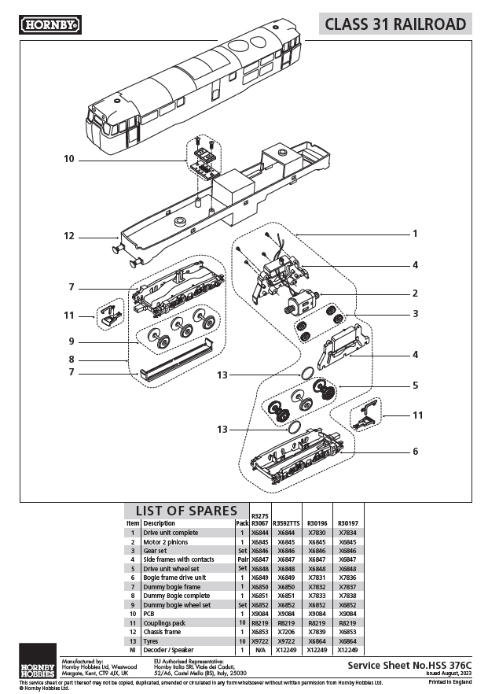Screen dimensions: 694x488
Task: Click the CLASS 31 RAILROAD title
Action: click(x=396, y=24)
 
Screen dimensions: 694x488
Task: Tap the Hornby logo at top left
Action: click(x=51, y=24)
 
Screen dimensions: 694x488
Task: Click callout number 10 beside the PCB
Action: click(x=69, y=159)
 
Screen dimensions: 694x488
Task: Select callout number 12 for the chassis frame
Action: click(x=69, y=235)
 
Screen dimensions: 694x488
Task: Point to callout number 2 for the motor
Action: click(x=415, y=293)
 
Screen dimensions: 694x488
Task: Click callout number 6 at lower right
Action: click(x=415, y=452)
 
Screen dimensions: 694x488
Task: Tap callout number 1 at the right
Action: click(x=415, y=234)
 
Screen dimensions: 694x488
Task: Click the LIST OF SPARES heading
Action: click(x=186, y=511)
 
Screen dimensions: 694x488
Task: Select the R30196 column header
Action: click(x=317, y=523)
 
